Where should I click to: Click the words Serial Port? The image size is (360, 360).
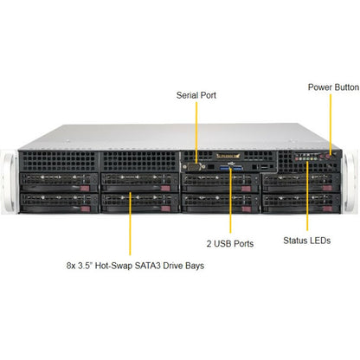coord(196,95)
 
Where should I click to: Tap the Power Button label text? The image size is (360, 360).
coord(333,87)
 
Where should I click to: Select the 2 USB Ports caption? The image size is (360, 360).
coord(230,243)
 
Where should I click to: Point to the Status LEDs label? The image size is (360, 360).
coord(307,241)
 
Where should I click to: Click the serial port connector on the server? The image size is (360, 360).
coord(194,166)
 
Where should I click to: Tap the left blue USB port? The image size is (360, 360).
coord(225,167)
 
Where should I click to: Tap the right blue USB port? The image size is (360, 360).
coord(237,167)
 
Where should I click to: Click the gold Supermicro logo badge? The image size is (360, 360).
coord(228,156)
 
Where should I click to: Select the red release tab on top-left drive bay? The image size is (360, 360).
coord(85,189)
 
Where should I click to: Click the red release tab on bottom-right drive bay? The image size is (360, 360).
coord(327,209)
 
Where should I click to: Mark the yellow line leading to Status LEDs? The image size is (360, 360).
coord(307,196)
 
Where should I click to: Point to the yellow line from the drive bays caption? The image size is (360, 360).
coord(130,223)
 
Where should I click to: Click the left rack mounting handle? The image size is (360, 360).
coord(9,183)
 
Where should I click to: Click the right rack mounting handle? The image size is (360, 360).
coord(350,183)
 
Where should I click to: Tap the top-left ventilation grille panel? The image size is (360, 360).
coord(59,162)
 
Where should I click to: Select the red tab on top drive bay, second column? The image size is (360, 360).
coord(165,189)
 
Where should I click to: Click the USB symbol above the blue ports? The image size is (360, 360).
coord(231,164)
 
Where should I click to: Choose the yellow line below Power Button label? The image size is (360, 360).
coord(331,124)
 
